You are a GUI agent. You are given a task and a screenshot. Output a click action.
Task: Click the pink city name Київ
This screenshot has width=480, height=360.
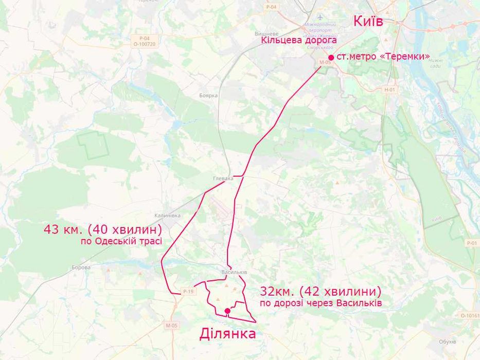click(368, 21)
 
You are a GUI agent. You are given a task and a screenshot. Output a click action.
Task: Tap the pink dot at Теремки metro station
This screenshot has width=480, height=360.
click(331, 57)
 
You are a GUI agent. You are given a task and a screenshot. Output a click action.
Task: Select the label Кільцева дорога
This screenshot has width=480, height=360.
click(299, 40)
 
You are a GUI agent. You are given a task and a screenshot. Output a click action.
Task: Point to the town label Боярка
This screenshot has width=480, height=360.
click(208, 96)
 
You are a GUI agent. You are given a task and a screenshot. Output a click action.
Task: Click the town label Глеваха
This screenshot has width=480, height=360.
click(223, 178)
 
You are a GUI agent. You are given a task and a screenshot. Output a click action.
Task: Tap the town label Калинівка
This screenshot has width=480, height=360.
click(167, 215)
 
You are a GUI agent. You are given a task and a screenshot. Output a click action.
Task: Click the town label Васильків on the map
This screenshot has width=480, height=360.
click(234, 272)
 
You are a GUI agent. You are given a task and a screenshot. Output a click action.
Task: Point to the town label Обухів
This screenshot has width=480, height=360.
click(448, 341)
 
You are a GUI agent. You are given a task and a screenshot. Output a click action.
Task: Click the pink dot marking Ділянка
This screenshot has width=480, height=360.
click(227, 311)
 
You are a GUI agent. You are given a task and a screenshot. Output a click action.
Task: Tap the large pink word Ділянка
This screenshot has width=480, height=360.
click(227, 334)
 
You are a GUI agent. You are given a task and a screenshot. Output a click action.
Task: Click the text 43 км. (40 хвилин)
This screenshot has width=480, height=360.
click(103, 229)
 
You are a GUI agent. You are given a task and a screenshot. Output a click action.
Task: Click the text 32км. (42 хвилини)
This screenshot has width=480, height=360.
click(321, 291)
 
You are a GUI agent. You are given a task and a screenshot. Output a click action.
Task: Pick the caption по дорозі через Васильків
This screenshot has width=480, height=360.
click(321, 303)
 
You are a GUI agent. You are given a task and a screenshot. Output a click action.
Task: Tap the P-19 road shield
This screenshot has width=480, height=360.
click(188, 292)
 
